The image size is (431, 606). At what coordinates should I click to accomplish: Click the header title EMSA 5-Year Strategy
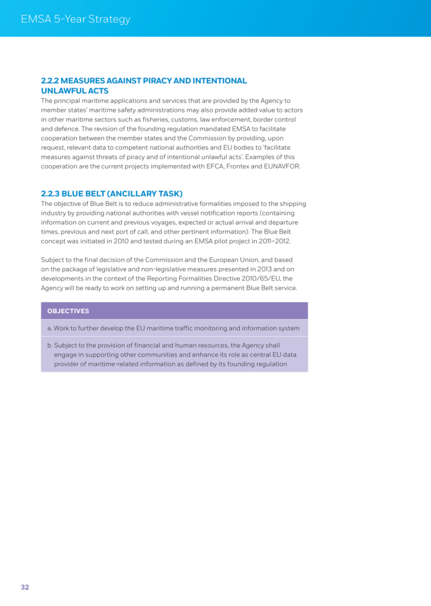(75, 19)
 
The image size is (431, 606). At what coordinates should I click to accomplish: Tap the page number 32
(25, 587)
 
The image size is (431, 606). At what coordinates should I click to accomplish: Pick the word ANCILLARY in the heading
(135, 194)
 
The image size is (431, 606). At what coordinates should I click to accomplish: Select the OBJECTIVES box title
(68, 311)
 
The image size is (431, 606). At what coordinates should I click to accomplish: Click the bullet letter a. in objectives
(50, 328)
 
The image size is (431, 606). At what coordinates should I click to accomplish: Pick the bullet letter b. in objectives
(50, 345)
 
